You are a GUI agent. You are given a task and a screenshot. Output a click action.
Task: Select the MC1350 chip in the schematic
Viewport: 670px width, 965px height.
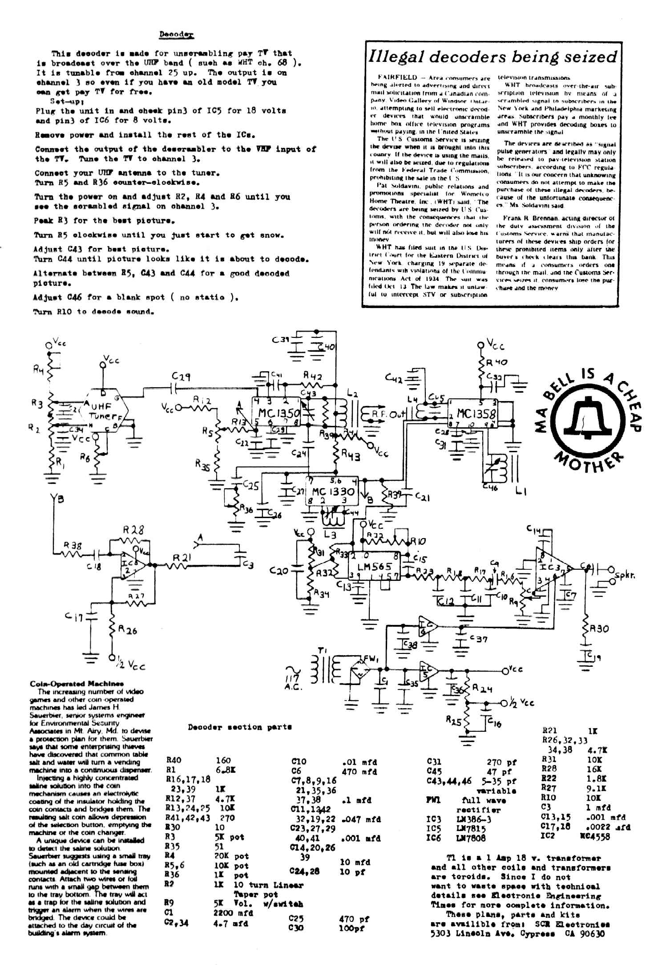(x=278, y=413)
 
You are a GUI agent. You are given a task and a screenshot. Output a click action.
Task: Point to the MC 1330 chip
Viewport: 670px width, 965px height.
(x=333, y=492)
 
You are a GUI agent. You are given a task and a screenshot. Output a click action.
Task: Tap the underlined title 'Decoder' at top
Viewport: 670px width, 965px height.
(x=176, y=34)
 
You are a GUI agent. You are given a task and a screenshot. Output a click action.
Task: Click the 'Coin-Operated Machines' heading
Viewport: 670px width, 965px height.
(x=77, y=684)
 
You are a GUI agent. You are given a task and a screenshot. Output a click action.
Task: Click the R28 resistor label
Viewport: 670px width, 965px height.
(x=133, y=530)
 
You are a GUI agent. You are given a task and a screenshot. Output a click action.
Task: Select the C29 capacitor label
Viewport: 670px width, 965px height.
(x=182, y=377)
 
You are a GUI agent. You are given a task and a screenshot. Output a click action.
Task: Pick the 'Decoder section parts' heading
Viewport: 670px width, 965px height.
(x=239, y=727)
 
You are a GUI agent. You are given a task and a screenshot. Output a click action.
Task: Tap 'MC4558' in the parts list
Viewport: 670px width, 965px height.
(x=595, y=836)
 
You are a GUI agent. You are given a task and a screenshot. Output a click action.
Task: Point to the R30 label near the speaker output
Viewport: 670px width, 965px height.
(x=599, y=629)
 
